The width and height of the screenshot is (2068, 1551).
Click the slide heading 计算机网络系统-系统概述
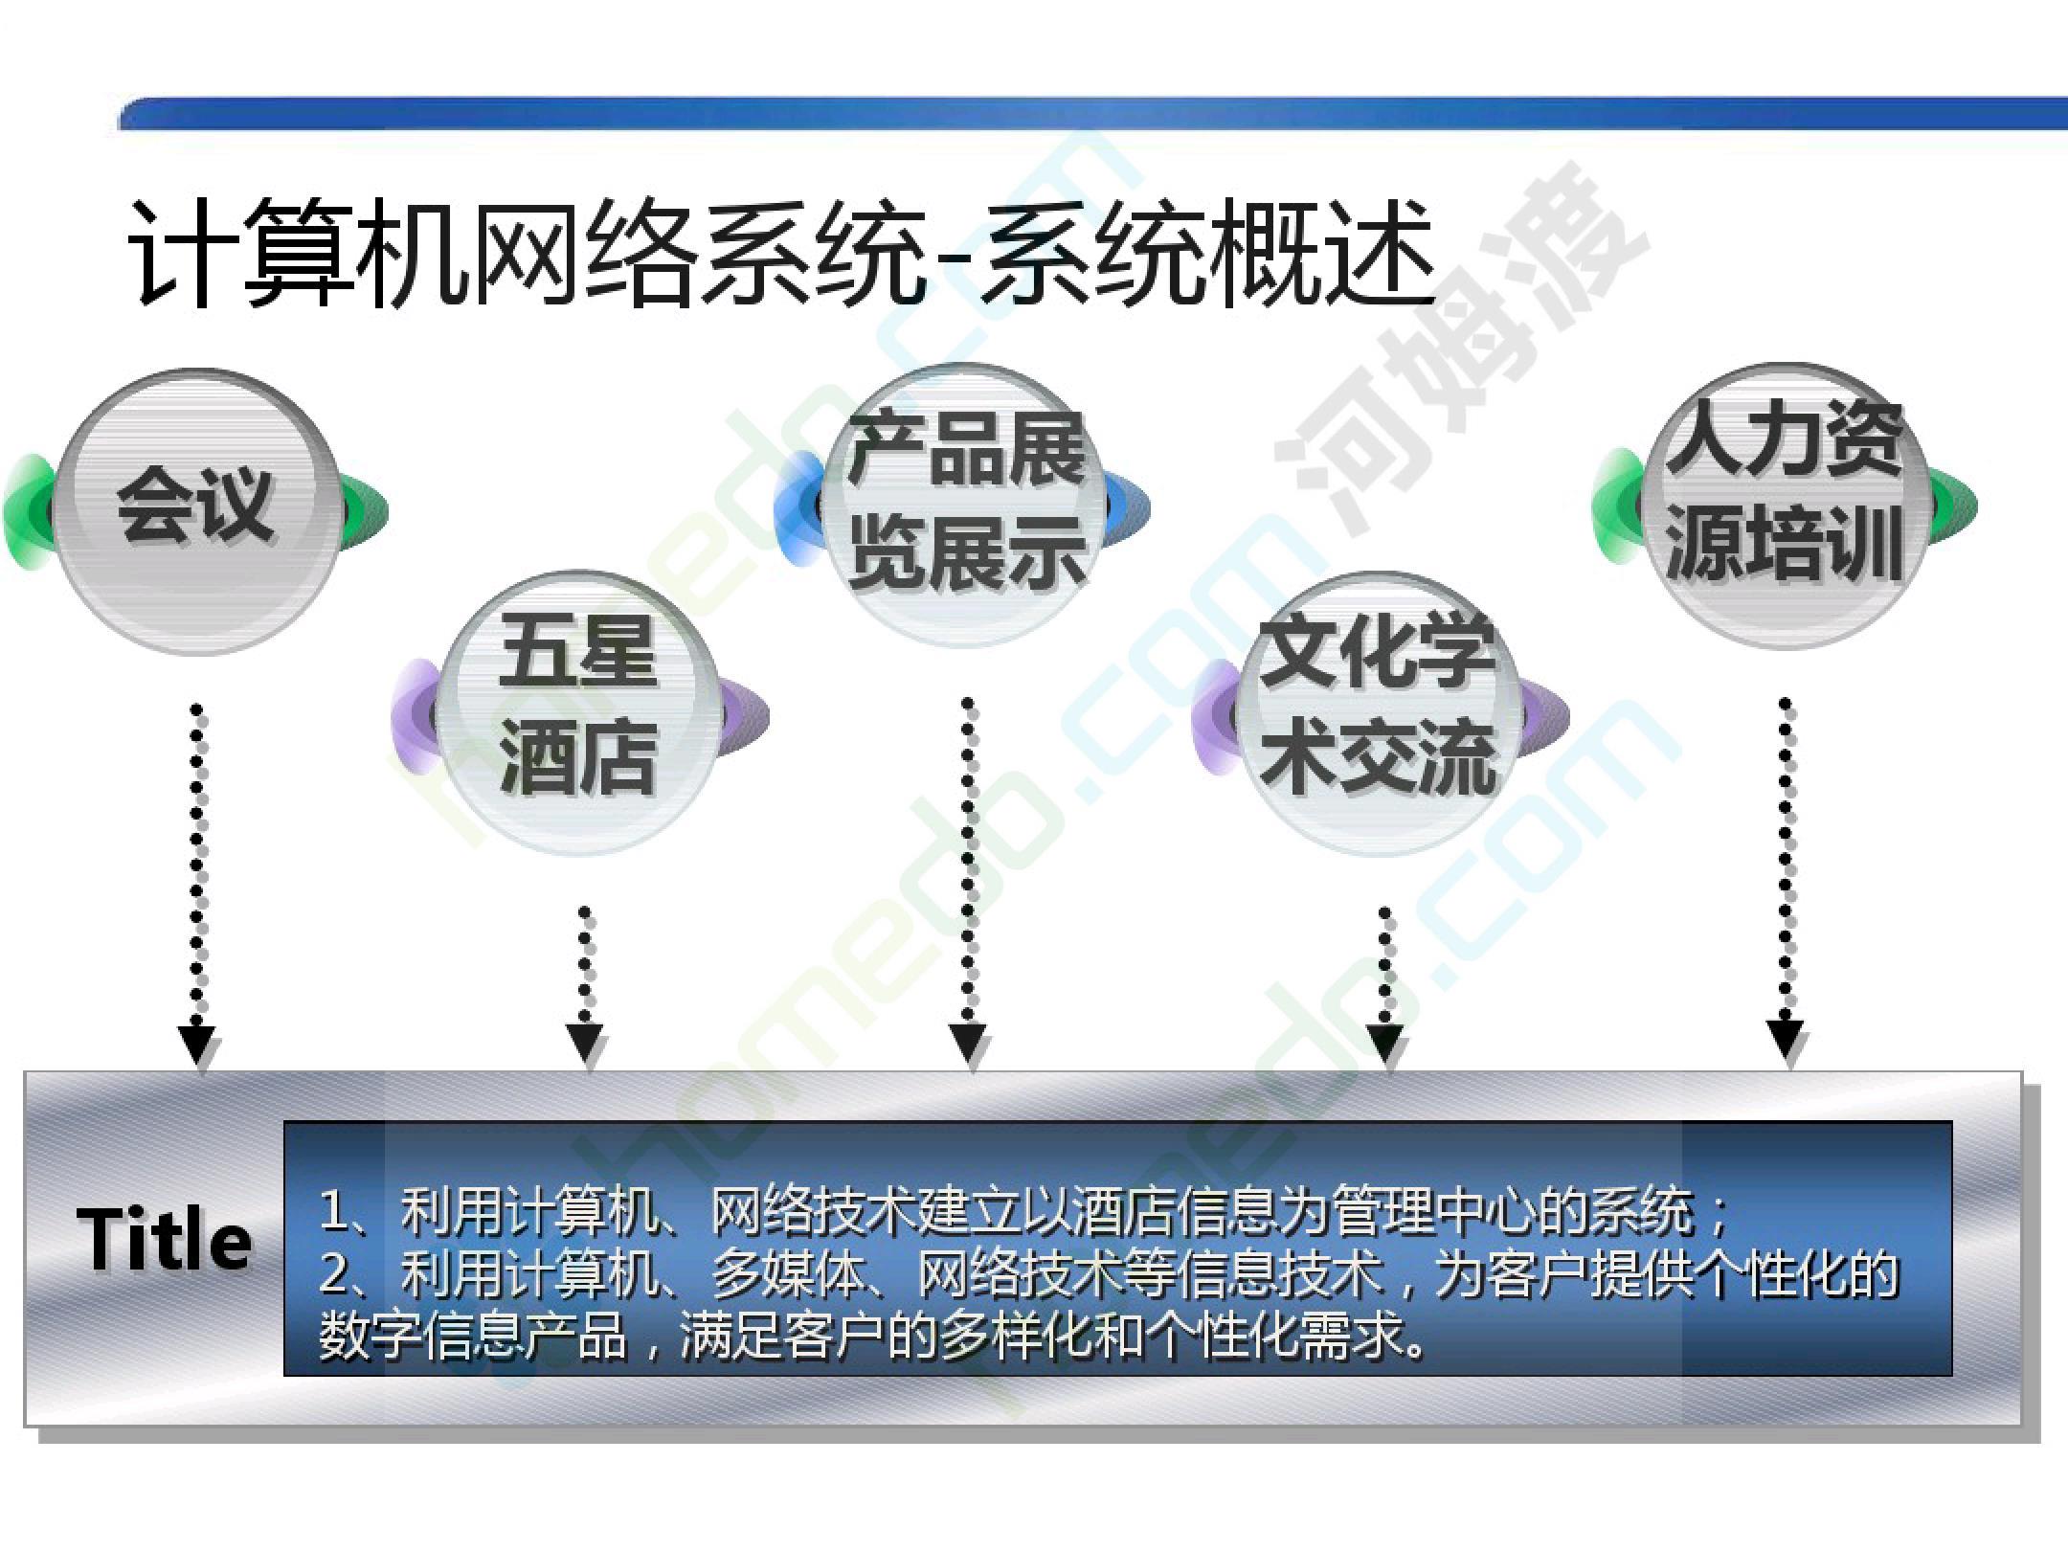point(782,254)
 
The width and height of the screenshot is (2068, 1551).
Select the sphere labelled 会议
point(195,511)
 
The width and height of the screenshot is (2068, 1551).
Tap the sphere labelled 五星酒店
point(578,712)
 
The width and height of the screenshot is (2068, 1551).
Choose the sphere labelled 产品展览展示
point(967,505)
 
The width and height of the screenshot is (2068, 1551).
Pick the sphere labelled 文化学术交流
point(1379,712)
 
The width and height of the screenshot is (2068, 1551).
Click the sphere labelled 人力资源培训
point(1787,505)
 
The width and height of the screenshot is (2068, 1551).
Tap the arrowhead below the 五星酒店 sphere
point(585,1045)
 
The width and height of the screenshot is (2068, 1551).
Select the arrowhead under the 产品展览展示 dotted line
point(968,1045)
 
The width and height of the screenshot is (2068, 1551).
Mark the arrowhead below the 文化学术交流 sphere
point(1385,1045)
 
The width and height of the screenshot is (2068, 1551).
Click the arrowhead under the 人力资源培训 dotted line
point(1786,1043)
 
